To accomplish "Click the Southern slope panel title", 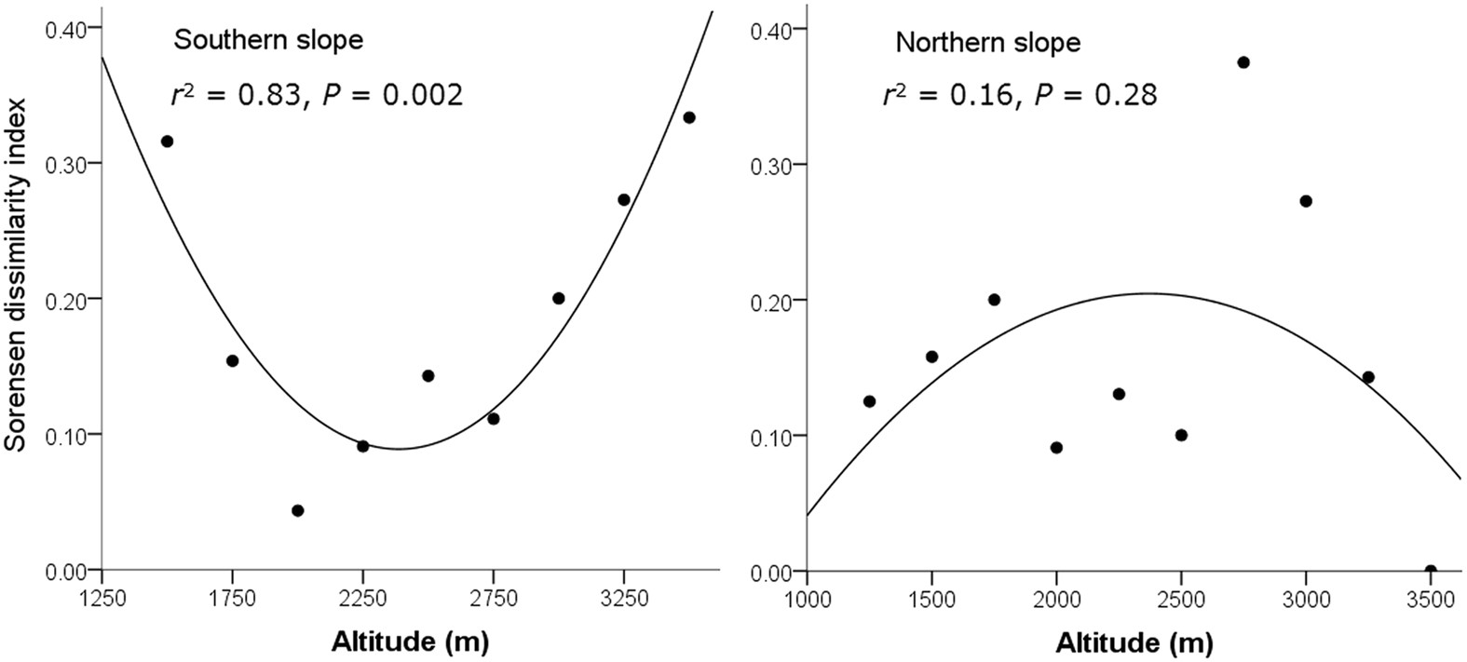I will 268,41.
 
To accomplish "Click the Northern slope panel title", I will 987,43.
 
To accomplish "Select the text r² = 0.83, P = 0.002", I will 317,94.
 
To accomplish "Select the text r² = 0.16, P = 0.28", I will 1020,94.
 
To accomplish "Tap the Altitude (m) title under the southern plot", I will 409,642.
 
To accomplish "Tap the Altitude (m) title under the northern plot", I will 1134,642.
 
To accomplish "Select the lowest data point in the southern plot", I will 298,510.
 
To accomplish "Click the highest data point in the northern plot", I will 1243,62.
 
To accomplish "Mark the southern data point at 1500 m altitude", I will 168,142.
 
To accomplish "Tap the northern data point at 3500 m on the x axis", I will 1431,570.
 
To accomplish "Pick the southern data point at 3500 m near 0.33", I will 689,117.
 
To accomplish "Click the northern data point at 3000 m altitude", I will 1306,201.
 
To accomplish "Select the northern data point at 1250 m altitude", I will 869,401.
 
